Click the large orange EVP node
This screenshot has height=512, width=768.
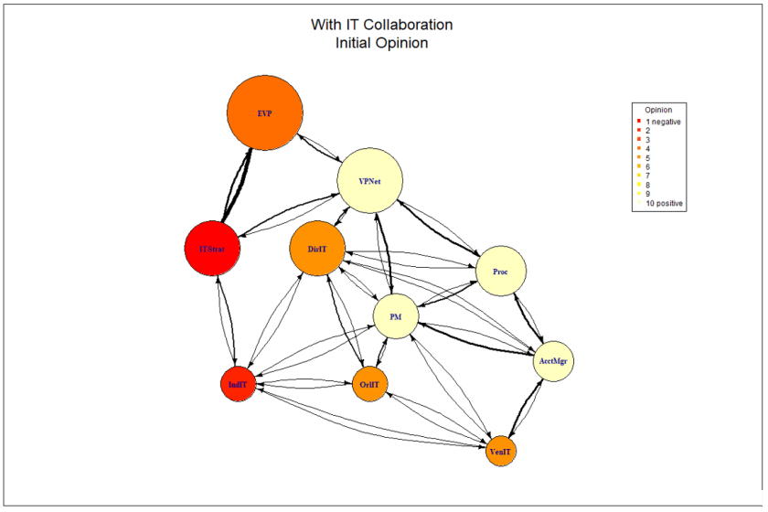pos(265,113)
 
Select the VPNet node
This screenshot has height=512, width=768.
pos(370,181)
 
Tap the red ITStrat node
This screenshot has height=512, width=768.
pos(211,248)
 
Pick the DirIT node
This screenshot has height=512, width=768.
pos(317,249)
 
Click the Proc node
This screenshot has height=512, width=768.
pos(501,272)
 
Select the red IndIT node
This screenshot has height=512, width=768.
pos(237,385)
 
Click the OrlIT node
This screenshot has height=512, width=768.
pos(369,384)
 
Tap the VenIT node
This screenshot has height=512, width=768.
pos(501,452)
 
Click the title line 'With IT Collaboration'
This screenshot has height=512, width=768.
pos(382,25)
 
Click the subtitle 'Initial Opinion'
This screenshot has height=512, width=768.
pos(382,43)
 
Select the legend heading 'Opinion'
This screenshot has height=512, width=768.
pos(658,110)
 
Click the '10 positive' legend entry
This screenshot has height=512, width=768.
pos(665,203)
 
